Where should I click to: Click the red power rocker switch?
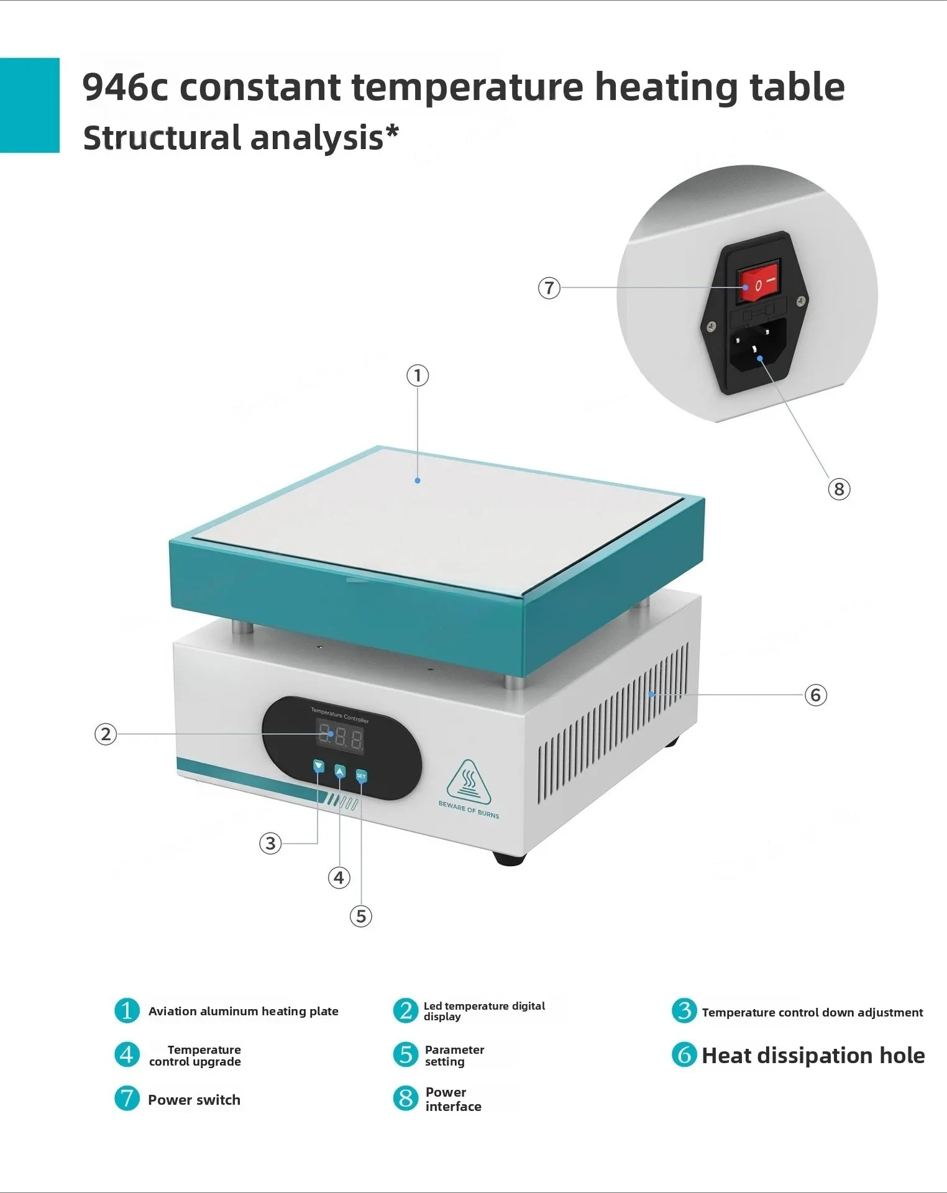click(758, 283)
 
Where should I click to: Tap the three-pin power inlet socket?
click(757, 347)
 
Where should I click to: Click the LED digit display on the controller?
click(340, 737)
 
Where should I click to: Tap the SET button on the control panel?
click(361, 776)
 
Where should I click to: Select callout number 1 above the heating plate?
click(418, 375)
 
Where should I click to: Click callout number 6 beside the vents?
click(816, 695)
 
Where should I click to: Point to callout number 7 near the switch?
click(549, 288)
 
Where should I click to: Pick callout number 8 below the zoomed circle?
click(839, 489)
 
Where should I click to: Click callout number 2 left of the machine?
click(106, 734)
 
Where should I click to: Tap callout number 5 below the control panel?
click(361, 916)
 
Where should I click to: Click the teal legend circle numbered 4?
click(127, 1054)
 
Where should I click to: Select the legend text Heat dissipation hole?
click(813, 1056)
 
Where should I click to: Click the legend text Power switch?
click(194, 1100)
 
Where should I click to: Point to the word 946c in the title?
click(125, 86)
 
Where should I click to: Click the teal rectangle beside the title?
click(30, 105)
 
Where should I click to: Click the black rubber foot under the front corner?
click(510, 858)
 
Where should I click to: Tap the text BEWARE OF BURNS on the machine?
click(469, 809)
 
